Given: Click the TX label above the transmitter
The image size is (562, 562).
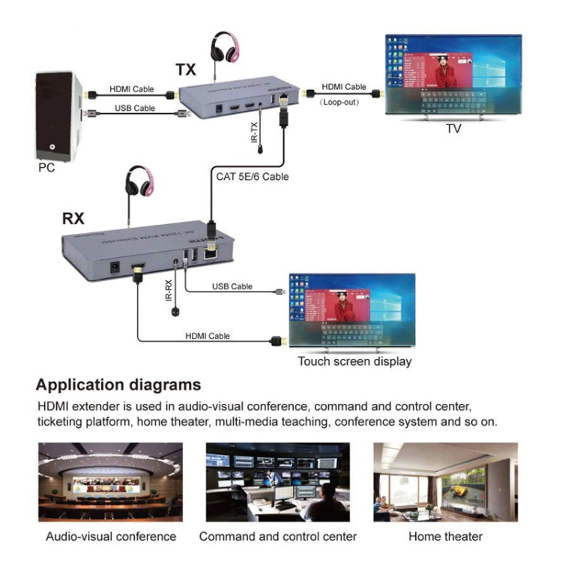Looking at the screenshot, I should click(187, 70).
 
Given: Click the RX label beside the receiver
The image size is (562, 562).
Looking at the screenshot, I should click(73, 220).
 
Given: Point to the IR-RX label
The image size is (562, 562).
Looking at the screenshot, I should click(169, 291).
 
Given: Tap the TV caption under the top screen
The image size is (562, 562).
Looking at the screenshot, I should click(453, 129).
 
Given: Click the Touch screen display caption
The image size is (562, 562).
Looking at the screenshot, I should click(354, 361).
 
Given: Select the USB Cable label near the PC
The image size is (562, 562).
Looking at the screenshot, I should click(135, 108).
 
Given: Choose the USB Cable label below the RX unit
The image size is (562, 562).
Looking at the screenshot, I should click(232, 286).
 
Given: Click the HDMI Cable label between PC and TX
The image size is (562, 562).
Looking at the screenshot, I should click(132, 88).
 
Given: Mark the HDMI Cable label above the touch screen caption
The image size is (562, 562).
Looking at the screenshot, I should click(208, 336).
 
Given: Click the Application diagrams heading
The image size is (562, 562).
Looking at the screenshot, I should click(118, 385).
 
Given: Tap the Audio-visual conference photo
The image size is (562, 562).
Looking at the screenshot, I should click(110, 482).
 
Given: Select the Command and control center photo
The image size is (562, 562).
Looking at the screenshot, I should click(277, 482).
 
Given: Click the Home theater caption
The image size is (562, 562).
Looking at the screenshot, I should click(445, 537).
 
